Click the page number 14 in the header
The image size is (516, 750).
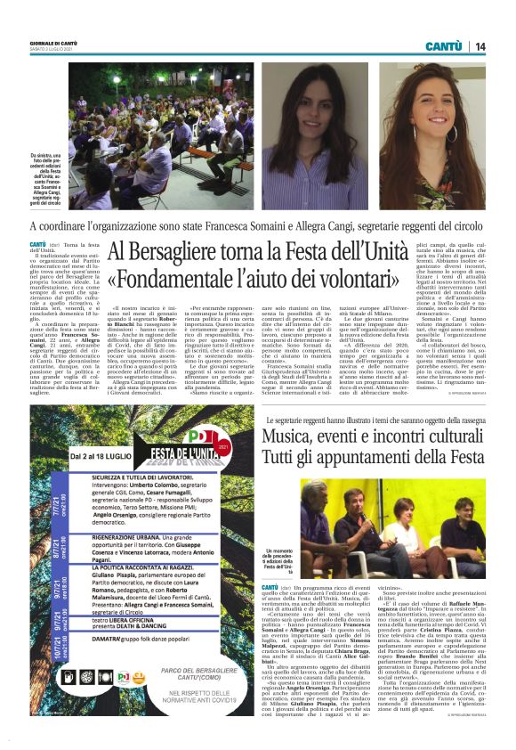480,45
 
